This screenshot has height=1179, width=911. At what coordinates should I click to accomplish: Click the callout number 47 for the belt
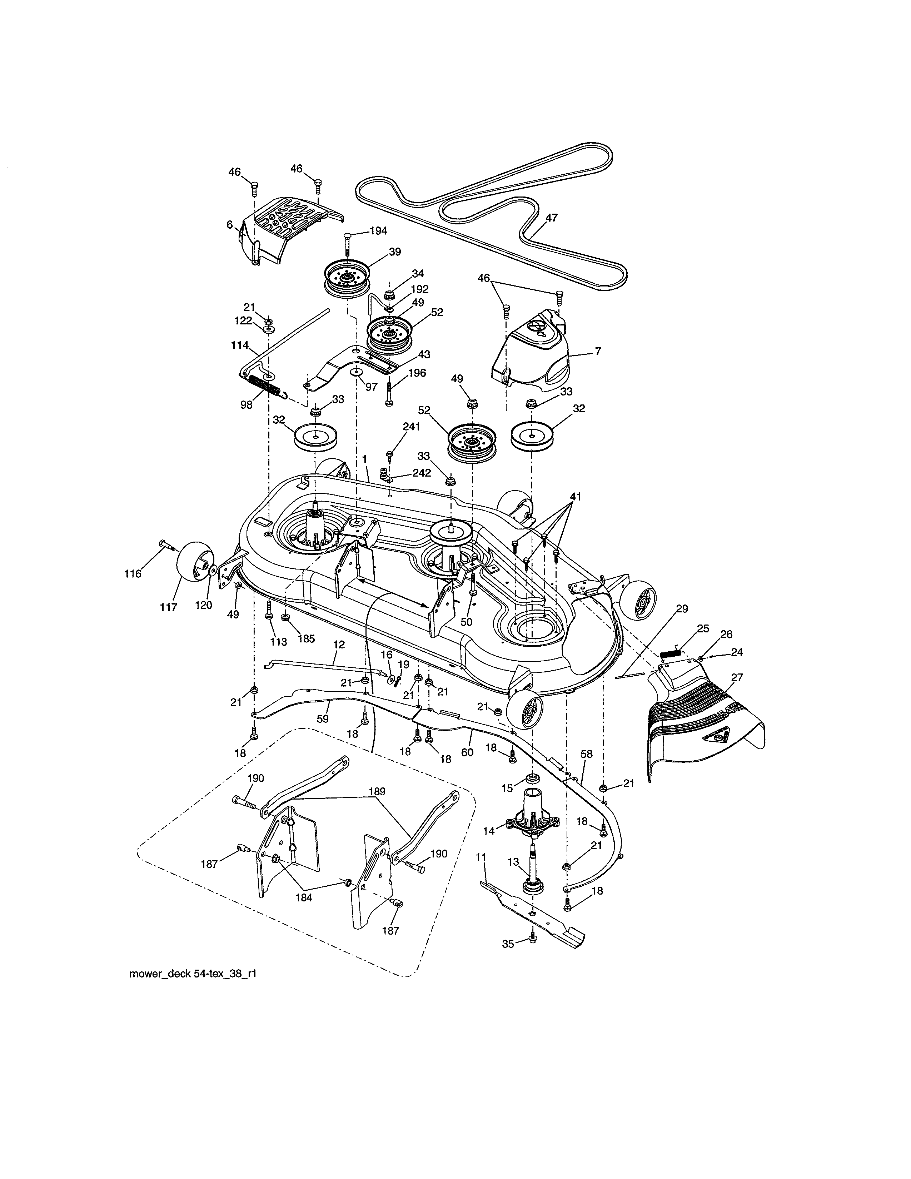(551, 218)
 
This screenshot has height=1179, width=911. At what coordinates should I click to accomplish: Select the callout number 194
(378, 231)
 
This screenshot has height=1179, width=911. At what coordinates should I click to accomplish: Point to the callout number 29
(682, 608)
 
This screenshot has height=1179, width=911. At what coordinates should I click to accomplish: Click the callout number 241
(411, 427)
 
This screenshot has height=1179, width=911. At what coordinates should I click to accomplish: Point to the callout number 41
(576, 497)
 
